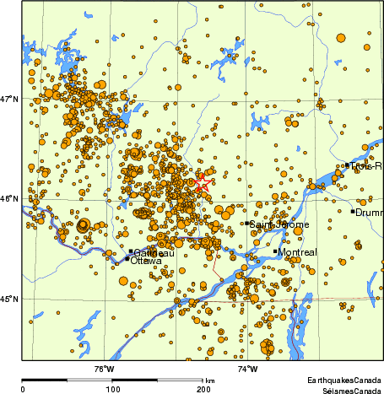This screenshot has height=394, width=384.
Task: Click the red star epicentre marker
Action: (x=202, y=185)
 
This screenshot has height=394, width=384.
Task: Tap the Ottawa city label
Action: (x=146, y=261)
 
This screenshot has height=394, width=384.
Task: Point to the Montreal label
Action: (x=297, y=253)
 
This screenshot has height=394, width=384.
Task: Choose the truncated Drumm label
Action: (x=370, y=213)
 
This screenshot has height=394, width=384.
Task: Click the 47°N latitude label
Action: (x=9, y=100)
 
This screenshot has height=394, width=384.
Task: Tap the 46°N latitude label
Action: (x=9, y=199)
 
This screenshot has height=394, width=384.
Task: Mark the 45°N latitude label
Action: (x=9, y=299)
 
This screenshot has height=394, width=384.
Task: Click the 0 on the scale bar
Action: (x=23, y=389)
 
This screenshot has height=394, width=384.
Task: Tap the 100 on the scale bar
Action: (x=112, y=389)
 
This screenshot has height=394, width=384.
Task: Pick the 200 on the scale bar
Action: (x=203, y=389)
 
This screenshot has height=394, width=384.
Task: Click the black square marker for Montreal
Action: (x=275, y=251)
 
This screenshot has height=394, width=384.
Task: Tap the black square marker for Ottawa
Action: (x=127, y=258)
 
